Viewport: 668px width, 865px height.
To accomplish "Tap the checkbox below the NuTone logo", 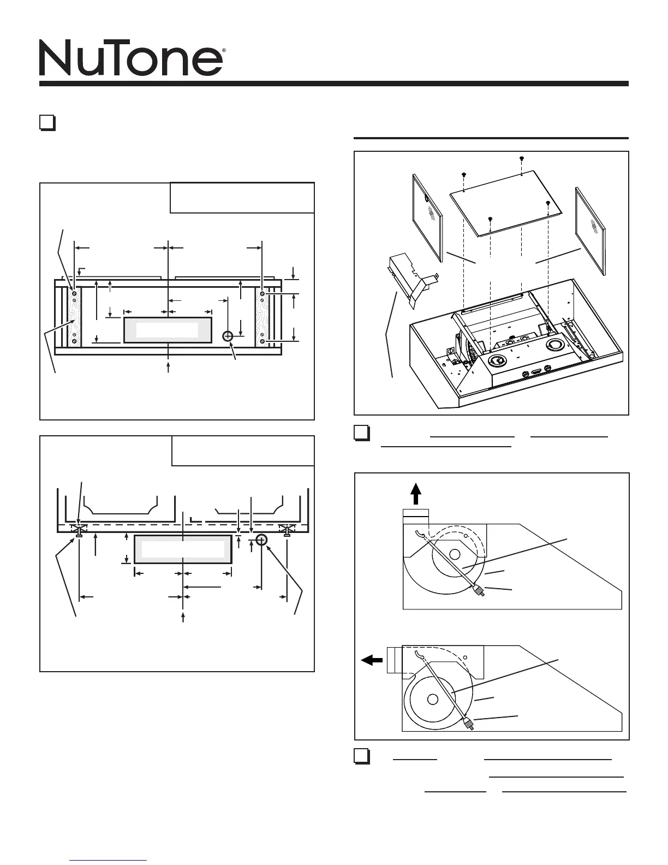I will [47, 122].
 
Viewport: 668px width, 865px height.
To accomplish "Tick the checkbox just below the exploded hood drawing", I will [361, 432].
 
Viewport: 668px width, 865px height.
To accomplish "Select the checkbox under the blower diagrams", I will [361, 756].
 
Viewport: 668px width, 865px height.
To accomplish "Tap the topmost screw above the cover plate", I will [521, 158].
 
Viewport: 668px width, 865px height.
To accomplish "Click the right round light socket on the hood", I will [556, 345].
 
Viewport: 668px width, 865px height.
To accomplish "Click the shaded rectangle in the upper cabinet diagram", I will [167, 330].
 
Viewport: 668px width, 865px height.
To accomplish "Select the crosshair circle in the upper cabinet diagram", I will [229, 336].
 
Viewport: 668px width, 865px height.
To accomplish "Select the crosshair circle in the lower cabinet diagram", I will [261, 540].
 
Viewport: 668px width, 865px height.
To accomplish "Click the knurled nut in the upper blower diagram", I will [480, 590].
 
